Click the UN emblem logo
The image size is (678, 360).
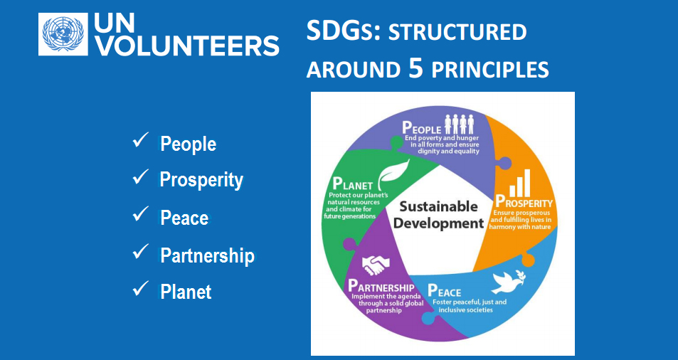pyautogui.click(x=63, y=34)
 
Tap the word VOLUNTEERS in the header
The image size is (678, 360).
pyautogui.click(x=187, y=46)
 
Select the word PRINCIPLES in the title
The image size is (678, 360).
pyautogui.click(x=490, y=70)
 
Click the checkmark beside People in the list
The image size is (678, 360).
pyautogui.click(x=141, y=140)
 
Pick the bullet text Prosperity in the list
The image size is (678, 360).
pyautogui.click(x=201, y=180)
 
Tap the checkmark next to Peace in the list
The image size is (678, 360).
pyautogui.click(x=141, y=214)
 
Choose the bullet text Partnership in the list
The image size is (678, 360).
pyautogui.click(x=208, y=255)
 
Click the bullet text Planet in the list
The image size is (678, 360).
pyautogui.click(x=186, y=292)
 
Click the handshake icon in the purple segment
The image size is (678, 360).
pyautogui.click(x=376, y=265)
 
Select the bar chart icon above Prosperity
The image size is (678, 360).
pyautogui.click(x=520, y=183)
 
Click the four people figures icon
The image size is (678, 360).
pyautogui.click(x=459, y=124)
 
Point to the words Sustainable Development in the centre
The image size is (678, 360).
pyautogui.click(x=438, y=215)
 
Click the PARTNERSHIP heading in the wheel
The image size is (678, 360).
pyautogui.click(x=381, y=287)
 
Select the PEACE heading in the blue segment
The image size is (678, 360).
pyautogui.click(x=445, y=291)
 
